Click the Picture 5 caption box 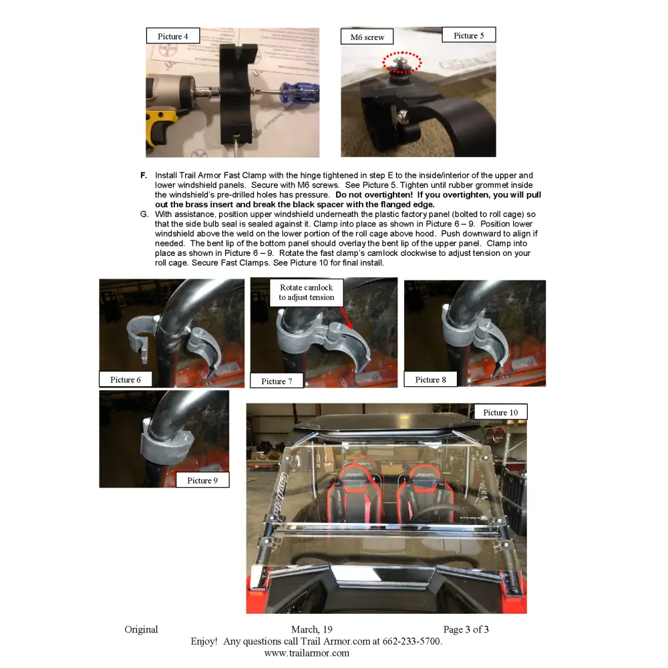(x=468, y=35)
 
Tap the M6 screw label (x=367, y=37)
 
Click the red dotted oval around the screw (x=401, y=63)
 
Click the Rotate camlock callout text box (x=307, y=293)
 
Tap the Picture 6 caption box (x=126, y=379)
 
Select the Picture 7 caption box (x=277, y=381)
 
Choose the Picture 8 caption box (x=430, y=379)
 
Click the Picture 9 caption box (x=202, y=480)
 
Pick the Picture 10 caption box (x=500, y=412)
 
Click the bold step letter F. (x=144, y=176)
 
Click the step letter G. (x=144, y=214)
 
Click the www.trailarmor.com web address (x=307, y=653)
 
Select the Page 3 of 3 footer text (x=466, y=629)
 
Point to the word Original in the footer (x=141, y=629)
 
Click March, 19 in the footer (x=311, y=629)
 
